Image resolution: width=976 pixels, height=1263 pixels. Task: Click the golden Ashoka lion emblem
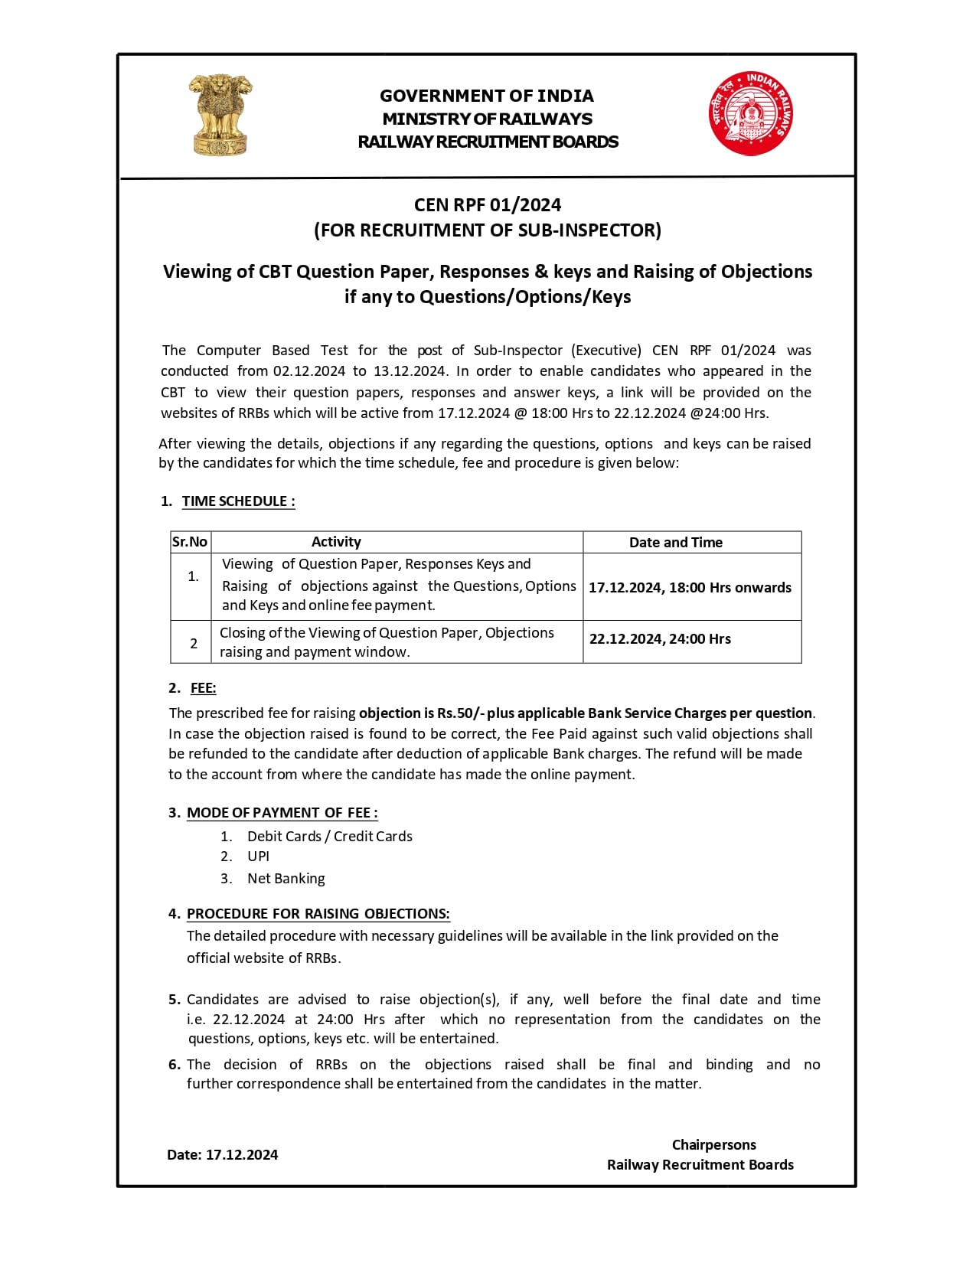click(x=220, y=115)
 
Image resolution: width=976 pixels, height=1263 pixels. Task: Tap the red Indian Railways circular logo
click(x=750, y=114)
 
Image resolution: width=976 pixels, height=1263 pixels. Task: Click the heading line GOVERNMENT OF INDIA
click(x=487, y=96)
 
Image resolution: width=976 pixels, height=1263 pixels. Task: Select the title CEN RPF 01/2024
click(x=488, y=205)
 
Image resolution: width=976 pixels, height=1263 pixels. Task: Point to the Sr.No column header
click(x=190, y=542)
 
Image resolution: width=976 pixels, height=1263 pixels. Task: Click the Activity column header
click(x=336, y=542)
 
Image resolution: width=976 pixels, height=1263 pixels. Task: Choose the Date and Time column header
click(x=676, y=542)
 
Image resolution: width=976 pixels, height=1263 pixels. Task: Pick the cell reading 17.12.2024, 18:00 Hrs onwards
click(x=690, y=587)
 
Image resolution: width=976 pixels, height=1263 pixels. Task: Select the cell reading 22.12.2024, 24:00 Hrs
click(x=660, y=639)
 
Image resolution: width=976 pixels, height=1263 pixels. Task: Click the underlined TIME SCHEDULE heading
click(x=238, y=501)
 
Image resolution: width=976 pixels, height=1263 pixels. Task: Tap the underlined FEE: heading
click(x=203, y=688)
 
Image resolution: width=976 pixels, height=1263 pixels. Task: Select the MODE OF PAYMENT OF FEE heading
click(x=282, y=813)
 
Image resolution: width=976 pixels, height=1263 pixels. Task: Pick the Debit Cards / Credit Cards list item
click(x=329, y=837)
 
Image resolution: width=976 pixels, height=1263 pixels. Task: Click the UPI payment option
click(x=258, y=857)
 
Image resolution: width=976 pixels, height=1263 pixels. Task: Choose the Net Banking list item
click(x=286, y=879)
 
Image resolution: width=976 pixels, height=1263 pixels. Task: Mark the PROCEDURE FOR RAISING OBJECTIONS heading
click(x=318, y=914)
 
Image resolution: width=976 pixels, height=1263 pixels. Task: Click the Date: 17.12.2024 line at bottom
click(x=222, y=1155)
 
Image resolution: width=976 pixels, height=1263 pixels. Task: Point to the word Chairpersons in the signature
click(x=713, y=1145)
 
